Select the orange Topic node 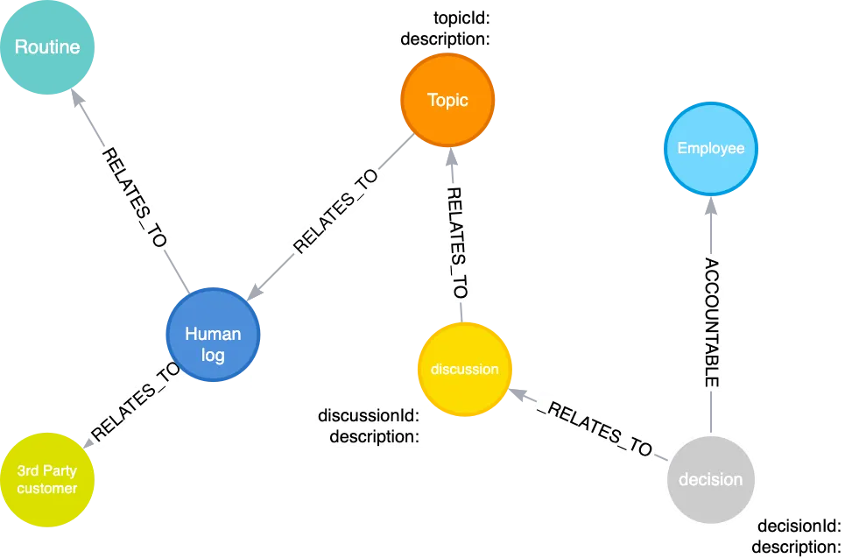point(447,100)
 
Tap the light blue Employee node point(711,148)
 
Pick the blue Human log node point(213,336)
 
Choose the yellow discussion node point(464,369)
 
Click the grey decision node point(710,479)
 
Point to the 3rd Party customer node point(47,479)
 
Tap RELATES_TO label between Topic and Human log point(336,210)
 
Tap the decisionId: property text point(798,527)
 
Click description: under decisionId point(798,547)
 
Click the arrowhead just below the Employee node point(712,210)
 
